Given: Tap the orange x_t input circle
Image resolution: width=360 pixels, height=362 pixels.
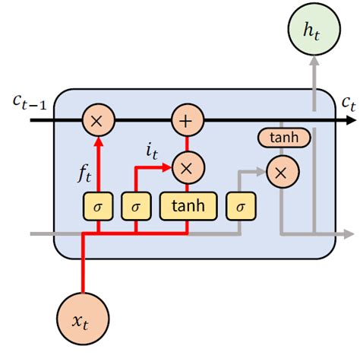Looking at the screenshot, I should [83, 319].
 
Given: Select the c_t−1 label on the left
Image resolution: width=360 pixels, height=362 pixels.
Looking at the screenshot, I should [30, 102].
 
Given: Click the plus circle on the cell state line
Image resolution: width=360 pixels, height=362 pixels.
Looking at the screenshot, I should [184, 120].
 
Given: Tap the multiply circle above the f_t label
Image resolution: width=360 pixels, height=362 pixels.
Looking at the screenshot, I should [96, 120].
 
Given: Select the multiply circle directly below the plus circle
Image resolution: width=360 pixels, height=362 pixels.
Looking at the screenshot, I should [184, 167].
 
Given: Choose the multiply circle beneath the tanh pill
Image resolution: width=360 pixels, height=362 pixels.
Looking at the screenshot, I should [281, 173].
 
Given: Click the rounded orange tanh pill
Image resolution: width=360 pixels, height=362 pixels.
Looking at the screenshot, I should [285, 138].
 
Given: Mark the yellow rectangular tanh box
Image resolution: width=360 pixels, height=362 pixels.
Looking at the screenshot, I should [188, 205].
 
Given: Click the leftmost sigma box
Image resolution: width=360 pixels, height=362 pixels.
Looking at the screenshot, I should [96, 205].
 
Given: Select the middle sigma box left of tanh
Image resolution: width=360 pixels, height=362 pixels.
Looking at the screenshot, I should [136, 205].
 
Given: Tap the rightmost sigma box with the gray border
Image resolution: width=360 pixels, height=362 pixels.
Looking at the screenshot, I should [241, 205].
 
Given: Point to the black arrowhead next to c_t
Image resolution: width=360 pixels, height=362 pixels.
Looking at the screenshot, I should [351, 120].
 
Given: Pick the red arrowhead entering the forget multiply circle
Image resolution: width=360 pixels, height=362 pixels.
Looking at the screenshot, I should [96, 141].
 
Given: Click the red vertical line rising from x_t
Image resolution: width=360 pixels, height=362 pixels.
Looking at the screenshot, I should [83, 262].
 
